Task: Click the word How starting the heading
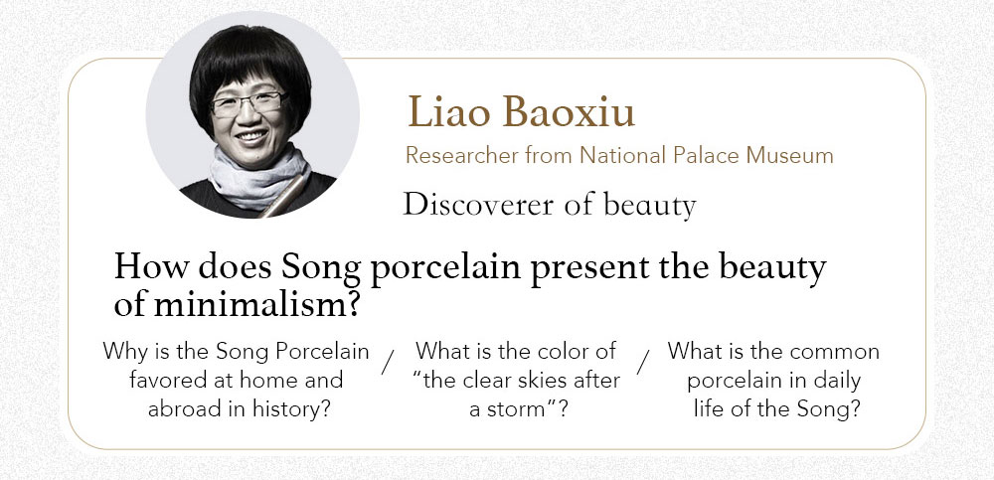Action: click(151, 267)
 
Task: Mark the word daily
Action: click(834, 381)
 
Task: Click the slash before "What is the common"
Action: click(643, 362)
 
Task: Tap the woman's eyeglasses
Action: click(248, 103)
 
